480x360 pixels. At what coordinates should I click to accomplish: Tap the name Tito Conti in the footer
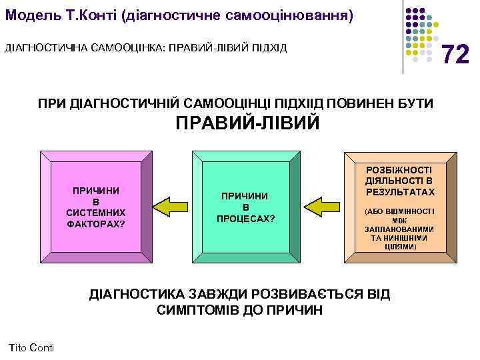point(33,347)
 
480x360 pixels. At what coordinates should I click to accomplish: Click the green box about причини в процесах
point(245,207)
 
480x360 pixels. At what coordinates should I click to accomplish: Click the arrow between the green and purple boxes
point(171,205)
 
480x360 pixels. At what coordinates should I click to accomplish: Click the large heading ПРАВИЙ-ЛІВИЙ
point(247,124)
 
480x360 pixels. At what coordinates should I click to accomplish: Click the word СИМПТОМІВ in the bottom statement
point(197,311)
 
